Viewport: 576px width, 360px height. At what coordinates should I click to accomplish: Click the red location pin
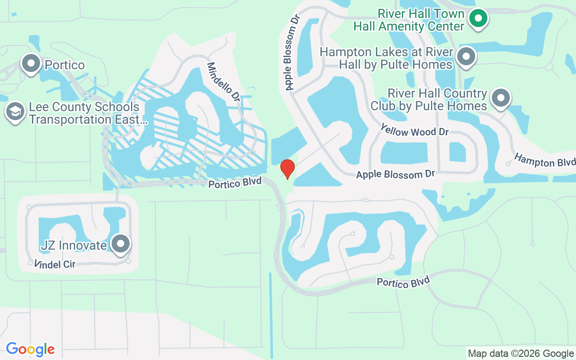pos(287,169)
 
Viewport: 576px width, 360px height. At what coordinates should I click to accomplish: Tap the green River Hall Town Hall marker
pos(478,19)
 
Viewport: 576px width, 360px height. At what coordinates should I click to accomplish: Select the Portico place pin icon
pos(31,64)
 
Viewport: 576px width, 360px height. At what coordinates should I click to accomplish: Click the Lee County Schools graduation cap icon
pos(15,112)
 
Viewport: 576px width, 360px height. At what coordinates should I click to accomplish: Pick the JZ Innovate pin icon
pos(120,244)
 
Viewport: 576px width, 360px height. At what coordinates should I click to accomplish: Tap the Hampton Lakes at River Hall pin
pos(466,57)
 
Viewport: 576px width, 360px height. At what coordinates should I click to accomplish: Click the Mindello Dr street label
pos(224,81)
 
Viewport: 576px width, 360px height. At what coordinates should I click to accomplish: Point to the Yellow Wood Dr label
pos(414,131)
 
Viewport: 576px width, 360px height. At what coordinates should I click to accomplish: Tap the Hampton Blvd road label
pos(544,160)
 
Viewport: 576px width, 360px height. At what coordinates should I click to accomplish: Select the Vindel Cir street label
pos(55,264)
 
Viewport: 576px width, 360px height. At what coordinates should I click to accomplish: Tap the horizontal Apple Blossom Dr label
pos(396,174)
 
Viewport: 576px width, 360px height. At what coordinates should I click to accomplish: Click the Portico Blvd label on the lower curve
pos(403,282)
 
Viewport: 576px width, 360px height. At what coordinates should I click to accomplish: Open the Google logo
pos(30,349)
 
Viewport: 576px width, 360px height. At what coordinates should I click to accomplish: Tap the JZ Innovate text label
pos(73,245)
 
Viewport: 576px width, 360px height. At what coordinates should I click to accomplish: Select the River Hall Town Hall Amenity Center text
pos(409,20)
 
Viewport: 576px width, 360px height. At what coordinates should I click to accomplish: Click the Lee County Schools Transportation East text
pos(85,113)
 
